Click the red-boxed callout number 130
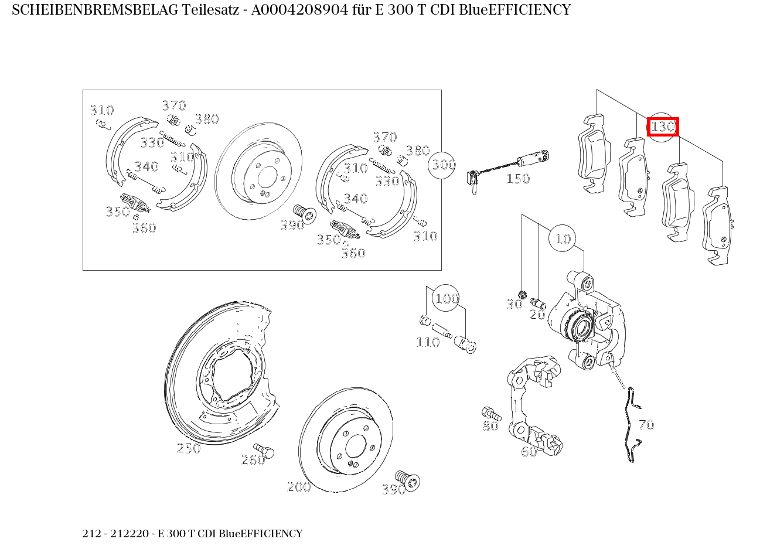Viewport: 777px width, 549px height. point(663,127)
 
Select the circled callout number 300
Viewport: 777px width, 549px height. point(442,165)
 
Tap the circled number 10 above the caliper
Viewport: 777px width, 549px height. point(563,238)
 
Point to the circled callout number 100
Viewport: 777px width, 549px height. point(447,299)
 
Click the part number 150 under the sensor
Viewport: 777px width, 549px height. point(518,179)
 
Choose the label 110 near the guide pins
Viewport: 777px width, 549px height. point(428,342)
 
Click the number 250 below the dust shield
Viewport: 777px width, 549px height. point(189,448)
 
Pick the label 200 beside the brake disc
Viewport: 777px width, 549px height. point(299,487)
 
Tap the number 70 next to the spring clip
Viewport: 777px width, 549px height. point(646,425)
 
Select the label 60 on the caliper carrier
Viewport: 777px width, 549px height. point(529,451)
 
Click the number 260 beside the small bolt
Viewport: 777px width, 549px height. point(253,460)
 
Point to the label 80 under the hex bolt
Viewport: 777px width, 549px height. point(490,426)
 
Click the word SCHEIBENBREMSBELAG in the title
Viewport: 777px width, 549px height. point(95,10)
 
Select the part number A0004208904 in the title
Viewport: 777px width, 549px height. point(299,10)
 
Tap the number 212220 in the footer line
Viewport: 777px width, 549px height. point(129,533)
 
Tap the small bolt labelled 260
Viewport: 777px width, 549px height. point(264,450)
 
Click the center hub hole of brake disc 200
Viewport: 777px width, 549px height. point(356,446)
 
